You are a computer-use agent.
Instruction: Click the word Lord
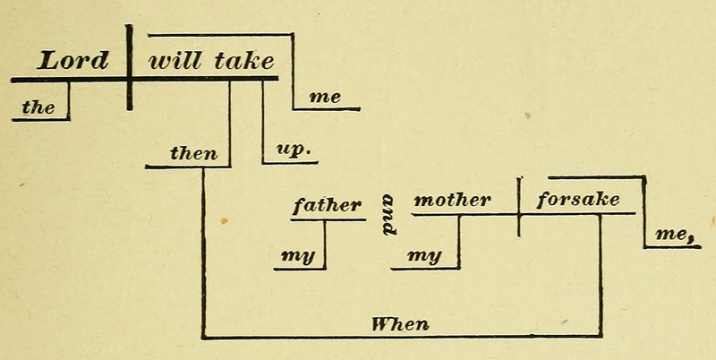click(72, 61)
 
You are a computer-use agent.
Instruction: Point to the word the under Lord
click(38, 108)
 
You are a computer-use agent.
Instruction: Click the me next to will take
click(324, 98)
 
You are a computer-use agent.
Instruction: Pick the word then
click(193, 153)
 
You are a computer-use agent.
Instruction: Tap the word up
click(290, 150)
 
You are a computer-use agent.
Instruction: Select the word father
click(327, 205)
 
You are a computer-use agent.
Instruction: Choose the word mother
click(452, 201)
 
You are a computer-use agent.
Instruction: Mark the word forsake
click(577, 200)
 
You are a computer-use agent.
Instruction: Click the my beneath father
click(297, 256)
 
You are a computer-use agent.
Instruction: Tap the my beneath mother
click(425, 256)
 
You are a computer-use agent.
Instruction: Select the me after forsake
click(674, 234)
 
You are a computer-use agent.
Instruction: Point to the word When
click(400, 323)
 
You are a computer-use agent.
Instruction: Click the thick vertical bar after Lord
click(130, 67)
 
